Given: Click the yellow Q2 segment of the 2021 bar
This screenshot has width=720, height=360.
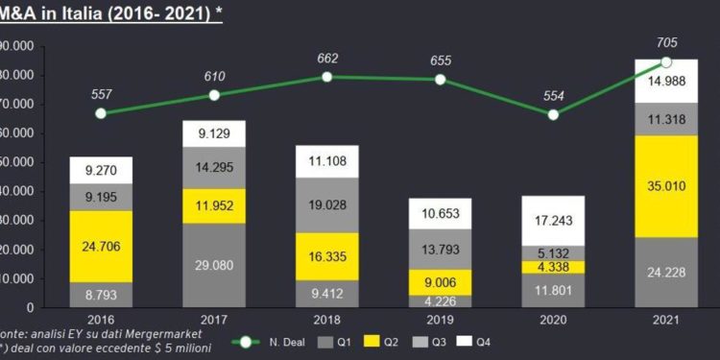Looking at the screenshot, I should (x=666, y=185).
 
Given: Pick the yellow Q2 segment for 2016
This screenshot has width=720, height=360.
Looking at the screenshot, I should (x=101, y=246).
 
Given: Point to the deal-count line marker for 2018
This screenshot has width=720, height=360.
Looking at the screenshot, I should (x=326, y=76).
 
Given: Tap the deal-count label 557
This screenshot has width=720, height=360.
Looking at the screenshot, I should (x=103, y=96).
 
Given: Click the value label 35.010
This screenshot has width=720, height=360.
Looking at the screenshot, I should (x=666, y=185).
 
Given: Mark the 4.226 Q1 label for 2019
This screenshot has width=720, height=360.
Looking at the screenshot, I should (x=441, y=300).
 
